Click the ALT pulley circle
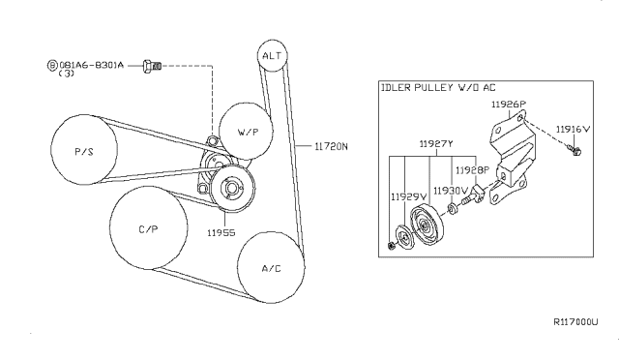click(273, 56)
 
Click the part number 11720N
click(331, 147)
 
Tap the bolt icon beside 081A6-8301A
click(150, 66)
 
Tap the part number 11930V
click(451, 191)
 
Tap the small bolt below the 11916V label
click(575, 150)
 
